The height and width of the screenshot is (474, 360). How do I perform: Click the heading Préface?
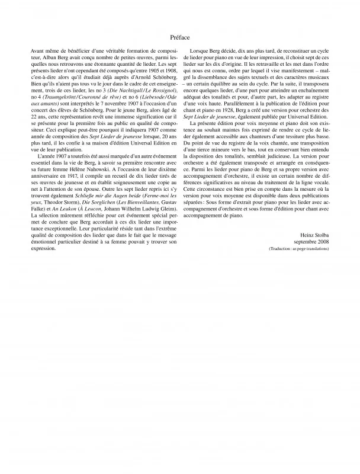pos(180,37)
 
